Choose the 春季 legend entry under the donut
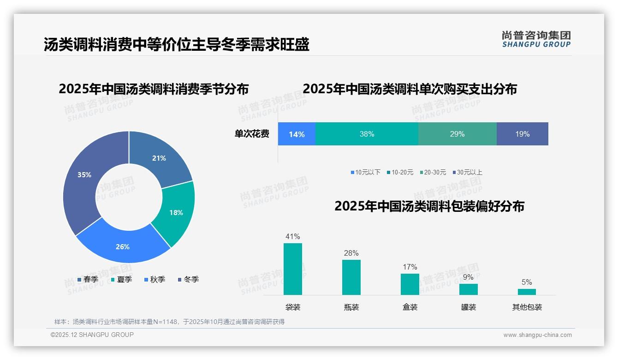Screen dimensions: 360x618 point(88,279)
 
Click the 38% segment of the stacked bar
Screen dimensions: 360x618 point(367,134)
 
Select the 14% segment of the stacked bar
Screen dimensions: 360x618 point(297,134)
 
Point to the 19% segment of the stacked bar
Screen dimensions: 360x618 point(522,134)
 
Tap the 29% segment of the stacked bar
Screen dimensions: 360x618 point(457,134)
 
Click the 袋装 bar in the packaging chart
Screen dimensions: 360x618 point(293,269)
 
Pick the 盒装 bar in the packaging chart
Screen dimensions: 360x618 point(410,284)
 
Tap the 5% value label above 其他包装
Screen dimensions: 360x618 point(527,282)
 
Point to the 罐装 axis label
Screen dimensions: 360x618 point(469,307)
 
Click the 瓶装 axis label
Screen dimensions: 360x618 point(351,307)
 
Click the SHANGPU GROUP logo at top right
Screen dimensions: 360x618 point(536,39)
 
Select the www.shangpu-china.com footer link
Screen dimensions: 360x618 point(537,335)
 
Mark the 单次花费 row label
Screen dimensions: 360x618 point(252,134)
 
